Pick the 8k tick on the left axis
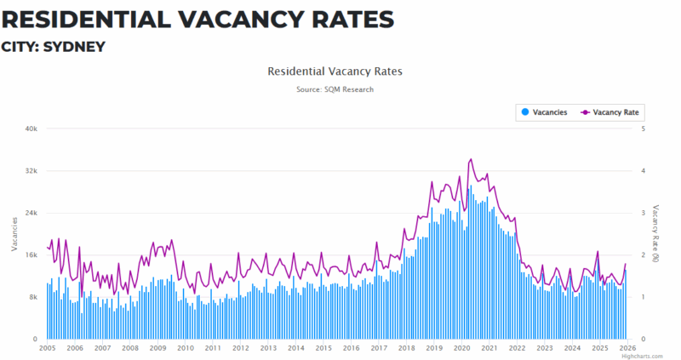pos(32,297)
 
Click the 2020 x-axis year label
pos(461,348)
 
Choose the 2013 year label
pos(267,348)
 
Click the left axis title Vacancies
pos(14,234)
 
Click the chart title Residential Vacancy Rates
pos(335,72)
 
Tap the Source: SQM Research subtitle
pos(335,89)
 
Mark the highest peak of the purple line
pos(471,159)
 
